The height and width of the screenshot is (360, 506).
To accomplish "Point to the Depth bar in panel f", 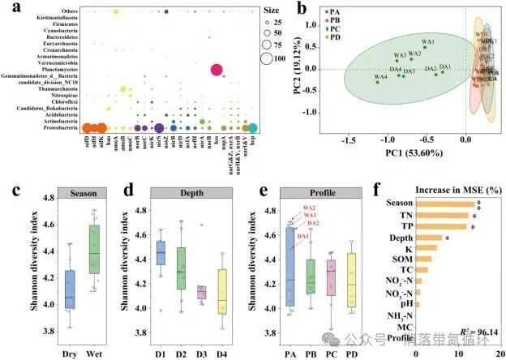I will pyautogui.click(x=427, y=238).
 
